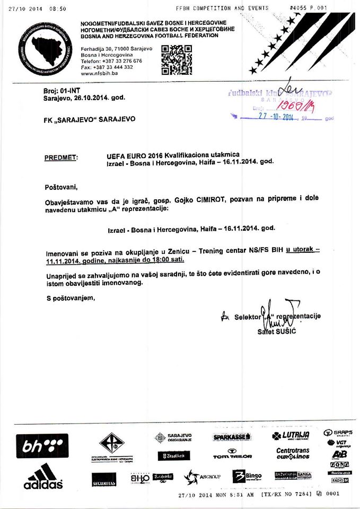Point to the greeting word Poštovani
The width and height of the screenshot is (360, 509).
62,187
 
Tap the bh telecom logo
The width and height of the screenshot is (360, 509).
42,445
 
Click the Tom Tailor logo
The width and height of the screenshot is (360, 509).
232,454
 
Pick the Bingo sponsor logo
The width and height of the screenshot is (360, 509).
247,476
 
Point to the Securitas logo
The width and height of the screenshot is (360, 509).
103,482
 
